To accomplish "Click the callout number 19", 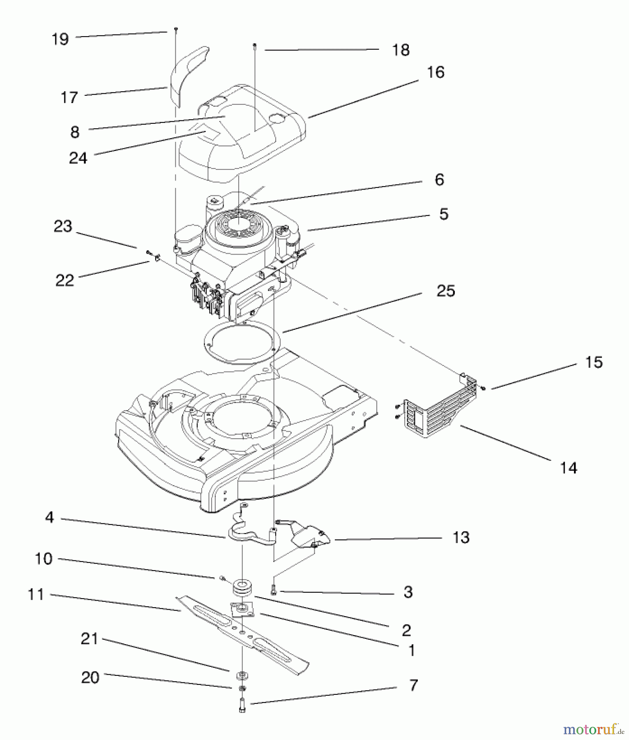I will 60,39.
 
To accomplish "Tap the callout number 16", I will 435,72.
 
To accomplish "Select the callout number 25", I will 446,291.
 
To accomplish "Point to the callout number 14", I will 569,468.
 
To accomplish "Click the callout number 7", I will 413,685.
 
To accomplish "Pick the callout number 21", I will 90,639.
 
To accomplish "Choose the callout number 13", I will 461,537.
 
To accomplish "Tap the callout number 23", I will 63,226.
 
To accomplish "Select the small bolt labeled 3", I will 274,591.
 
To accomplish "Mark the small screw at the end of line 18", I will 255,46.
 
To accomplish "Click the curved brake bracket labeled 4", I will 247,534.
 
